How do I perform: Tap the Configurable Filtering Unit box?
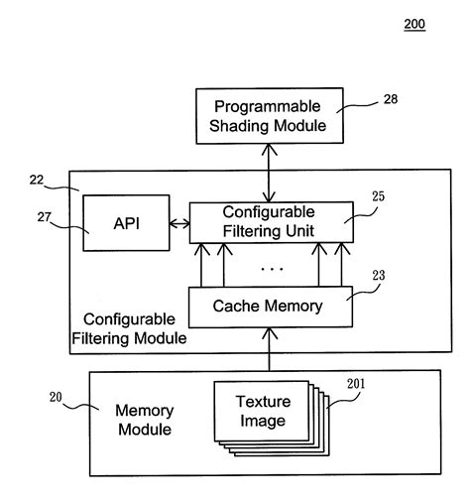[269, 222]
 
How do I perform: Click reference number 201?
[355, 383]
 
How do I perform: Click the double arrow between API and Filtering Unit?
[179, 224]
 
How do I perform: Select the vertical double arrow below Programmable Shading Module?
[269, 173]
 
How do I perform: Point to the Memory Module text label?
[145, 419]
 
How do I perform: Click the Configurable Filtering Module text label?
[129, 328]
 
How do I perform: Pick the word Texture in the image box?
[262, 402]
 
